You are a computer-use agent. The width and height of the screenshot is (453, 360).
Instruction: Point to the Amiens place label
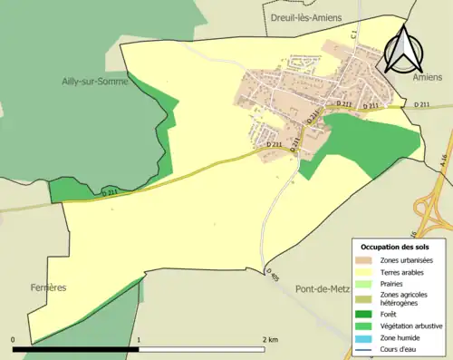(x=426, y=78)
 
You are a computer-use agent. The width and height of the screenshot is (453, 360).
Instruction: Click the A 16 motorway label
(x=444, y=160)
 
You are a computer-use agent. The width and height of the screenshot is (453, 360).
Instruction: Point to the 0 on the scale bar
(x=14, y=339)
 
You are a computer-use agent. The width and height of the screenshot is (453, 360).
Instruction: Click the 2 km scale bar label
(x=269, y=339)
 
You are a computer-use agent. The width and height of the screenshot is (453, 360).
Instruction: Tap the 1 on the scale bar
(x=138, y=339)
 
